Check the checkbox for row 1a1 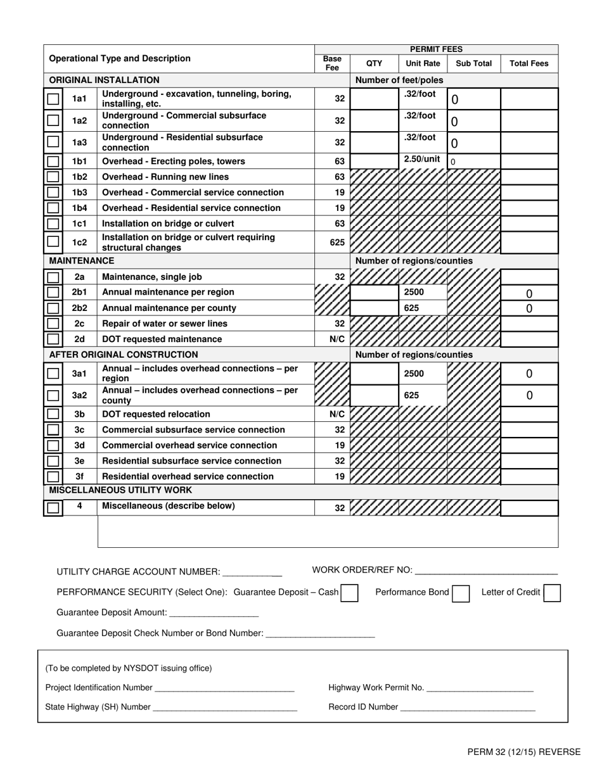pyautogui.click(x=54, y=99)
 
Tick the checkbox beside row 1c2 pyautogui.click(x=54, y=242)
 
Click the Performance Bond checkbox pyautogui.click(x=461, y=593)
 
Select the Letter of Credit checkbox pyautogui.click(x=552, y=593)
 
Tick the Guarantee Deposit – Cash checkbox pyautogui.click(x=349, y=593)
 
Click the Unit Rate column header pyautogui.click(x=423, y=63)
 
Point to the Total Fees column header pyautogui.click(x=529, y=63)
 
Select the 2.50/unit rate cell pyautogui.click(x=423, y=160)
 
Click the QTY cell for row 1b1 pyautogui.click(x=374, y=161)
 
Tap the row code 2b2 pyautogui.click(x=79, y=308)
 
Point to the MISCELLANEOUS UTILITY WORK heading pyautogui.click(x=120, y=490)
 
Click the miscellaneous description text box pyautogui.click(x=328, y=531)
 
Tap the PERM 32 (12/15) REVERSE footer pyautogui.click(x=523, y=752)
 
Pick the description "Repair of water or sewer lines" pyautogui.click(x=165, y=324)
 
